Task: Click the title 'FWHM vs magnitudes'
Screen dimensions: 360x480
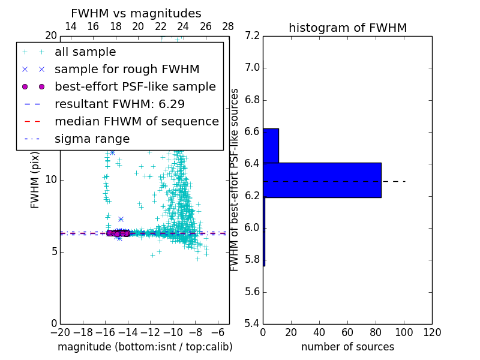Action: [x=136, y=13]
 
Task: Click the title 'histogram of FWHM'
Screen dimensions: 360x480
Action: [x=347, y=28]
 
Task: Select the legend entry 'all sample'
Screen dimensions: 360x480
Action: [x=85, y=52]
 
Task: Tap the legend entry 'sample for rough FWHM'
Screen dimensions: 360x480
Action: [x=127, y=70]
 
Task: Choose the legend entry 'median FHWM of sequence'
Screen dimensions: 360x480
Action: [x=136, y=122]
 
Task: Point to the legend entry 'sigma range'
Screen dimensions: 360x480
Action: [x=92, y=139]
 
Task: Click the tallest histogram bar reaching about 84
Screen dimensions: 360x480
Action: [x=322, y=180]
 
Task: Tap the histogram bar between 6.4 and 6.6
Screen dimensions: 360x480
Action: [x=271, y=146]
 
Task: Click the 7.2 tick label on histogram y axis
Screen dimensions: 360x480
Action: [x=253, y=36]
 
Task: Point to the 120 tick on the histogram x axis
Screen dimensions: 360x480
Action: [x=431, y=332]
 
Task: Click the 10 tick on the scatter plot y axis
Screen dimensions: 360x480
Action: [x=51, y=180]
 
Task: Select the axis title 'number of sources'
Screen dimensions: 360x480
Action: [x=347, y=347]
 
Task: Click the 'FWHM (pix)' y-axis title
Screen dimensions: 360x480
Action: [x=35, y=180]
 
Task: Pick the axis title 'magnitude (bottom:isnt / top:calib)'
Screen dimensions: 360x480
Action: [x=145, y=347]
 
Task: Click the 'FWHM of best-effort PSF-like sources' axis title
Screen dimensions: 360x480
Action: [x=235, y=180]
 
